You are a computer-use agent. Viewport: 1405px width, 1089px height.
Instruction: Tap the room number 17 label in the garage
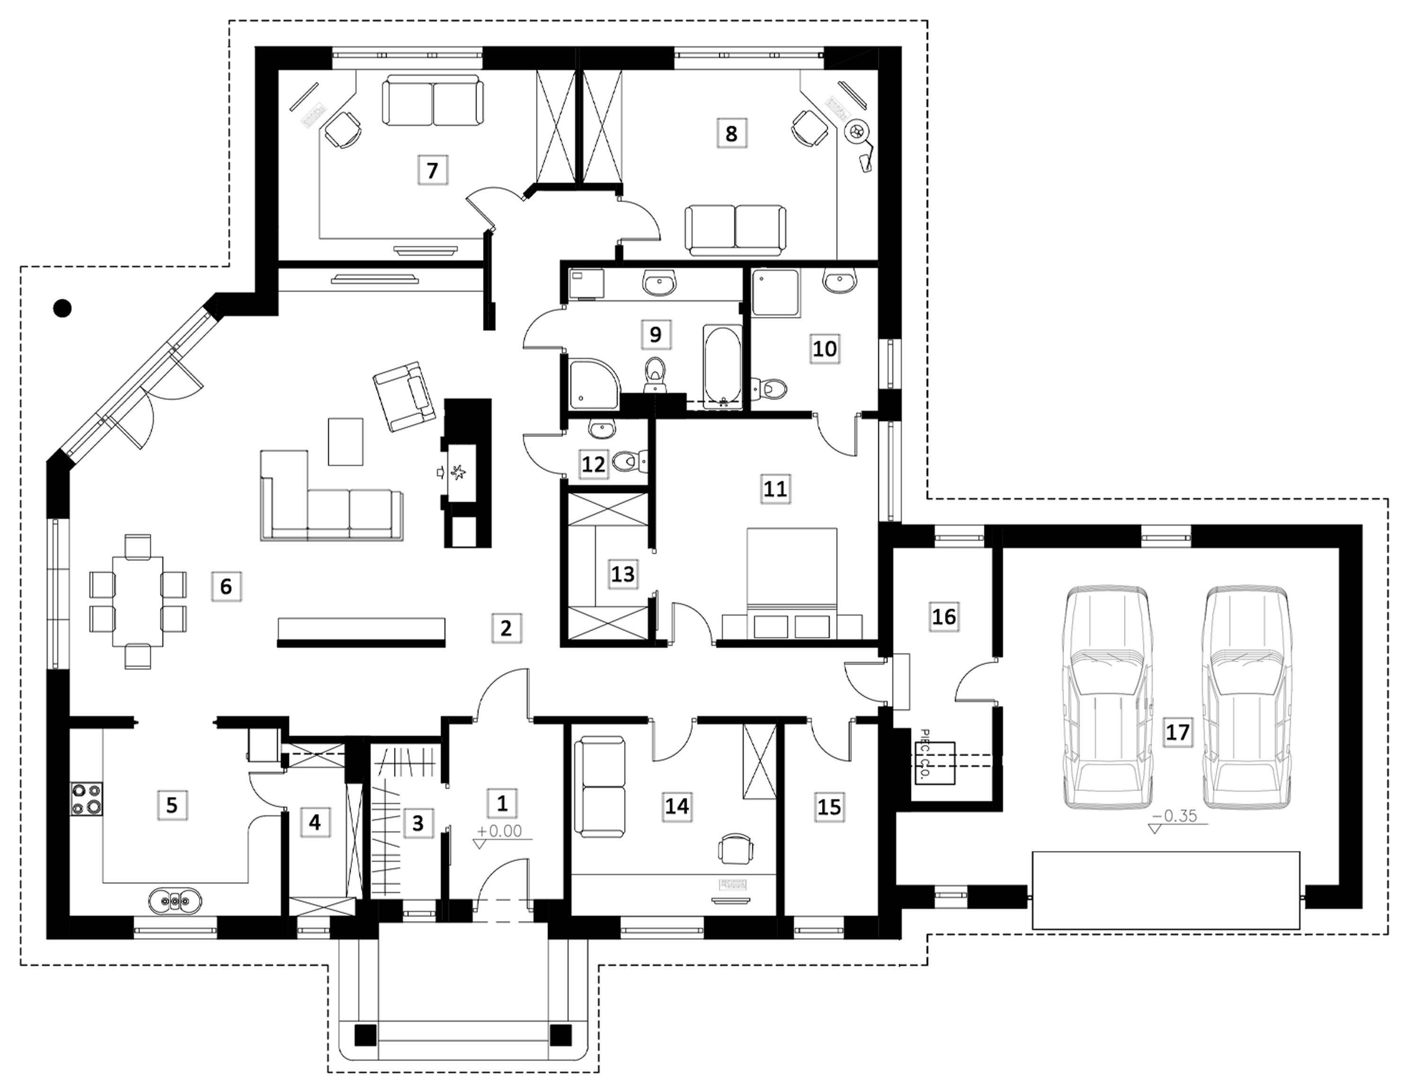pyautogui.click(x=1178, y=732)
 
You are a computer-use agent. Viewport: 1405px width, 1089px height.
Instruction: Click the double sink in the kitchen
pyautogui.click(x=175, y=901)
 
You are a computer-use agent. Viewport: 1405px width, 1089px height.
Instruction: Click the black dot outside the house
pyautogui.click(x=62, y=309)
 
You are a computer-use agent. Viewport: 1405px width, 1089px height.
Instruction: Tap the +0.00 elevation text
pyautogui.click(x=500, y=831)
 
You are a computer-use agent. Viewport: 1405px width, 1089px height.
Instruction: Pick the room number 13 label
pyautogui.click(x=622, y=573)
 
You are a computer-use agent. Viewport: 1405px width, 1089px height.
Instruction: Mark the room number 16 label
pyautogui.click(x=944, y=616)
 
